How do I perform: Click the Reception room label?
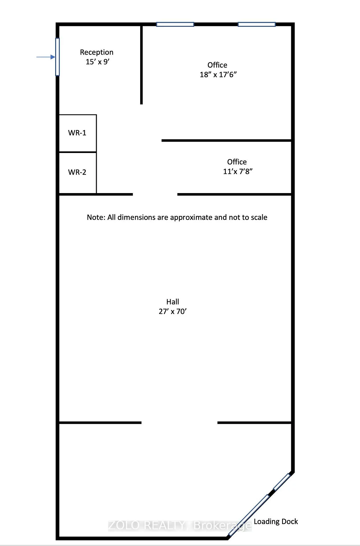point(97,52)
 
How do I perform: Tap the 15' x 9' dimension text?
point(98,62)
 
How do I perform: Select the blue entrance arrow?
point(46,57)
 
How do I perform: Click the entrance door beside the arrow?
point(57,57)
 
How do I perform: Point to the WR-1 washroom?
point(78,133)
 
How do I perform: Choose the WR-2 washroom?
point(78,173)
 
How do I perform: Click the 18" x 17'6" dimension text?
point(218,75)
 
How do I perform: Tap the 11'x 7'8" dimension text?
point(238,171)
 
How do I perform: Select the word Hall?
point(173,302)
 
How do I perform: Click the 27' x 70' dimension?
point(173,311)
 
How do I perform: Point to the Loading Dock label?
point(276,522)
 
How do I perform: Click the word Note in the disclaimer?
point(96,217)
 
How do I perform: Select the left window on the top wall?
point(175,24)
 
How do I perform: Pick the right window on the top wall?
point(256,24)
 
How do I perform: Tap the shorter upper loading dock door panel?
point(282,482)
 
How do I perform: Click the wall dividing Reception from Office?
point(141,65)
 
